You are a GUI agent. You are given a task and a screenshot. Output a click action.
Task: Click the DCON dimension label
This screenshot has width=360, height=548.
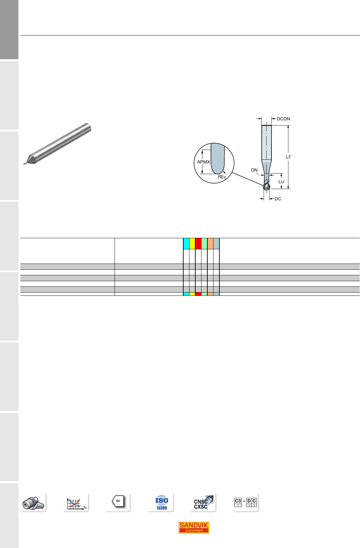(x=284, y=119)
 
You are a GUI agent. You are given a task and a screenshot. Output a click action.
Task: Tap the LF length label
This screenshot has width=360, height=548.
(x=288, y=157)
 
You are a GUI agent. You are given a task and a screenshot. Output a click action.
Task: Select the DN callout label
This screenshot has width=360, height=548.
(x=254, y=170)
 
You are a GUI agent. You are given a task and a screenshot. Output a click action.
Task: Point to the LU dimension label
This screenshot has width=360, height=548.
(x=281, y=182)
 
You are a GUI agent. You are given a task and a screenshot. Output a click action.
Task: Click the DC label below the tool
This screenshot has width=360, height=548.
(x=278, y=199)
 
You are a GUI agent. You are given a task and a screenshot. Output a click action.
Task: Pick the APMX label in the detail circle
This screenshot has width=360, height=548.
(x=203, y=162)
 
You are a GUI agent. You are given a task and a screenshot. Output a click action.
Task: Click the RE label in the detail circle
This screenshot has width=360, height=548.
(x=222, y=177)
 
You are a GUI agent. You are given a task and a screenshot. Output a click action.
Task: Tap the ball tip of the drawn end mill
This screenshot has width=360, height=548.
(x=266, y=187)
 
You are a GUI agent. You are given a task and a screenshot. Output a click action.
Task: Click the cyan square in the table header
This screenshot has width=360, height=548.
(x=186, y=243)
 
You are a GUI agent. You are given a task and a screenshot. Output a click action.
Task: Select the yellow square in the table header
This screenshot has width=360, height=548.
(x=192, y=243)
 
